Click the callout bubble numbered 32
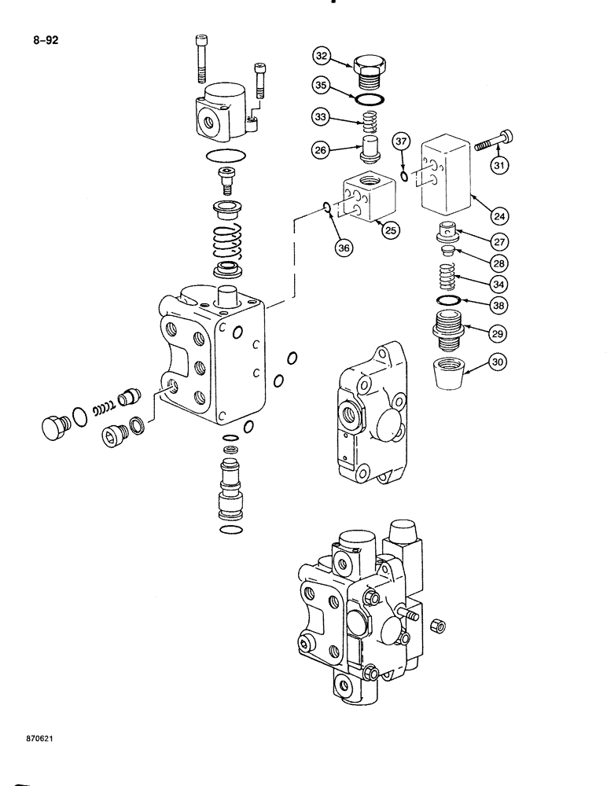322,56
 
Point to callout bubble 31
499,165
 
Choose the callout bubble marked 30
498,362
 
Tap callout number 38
498,304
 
